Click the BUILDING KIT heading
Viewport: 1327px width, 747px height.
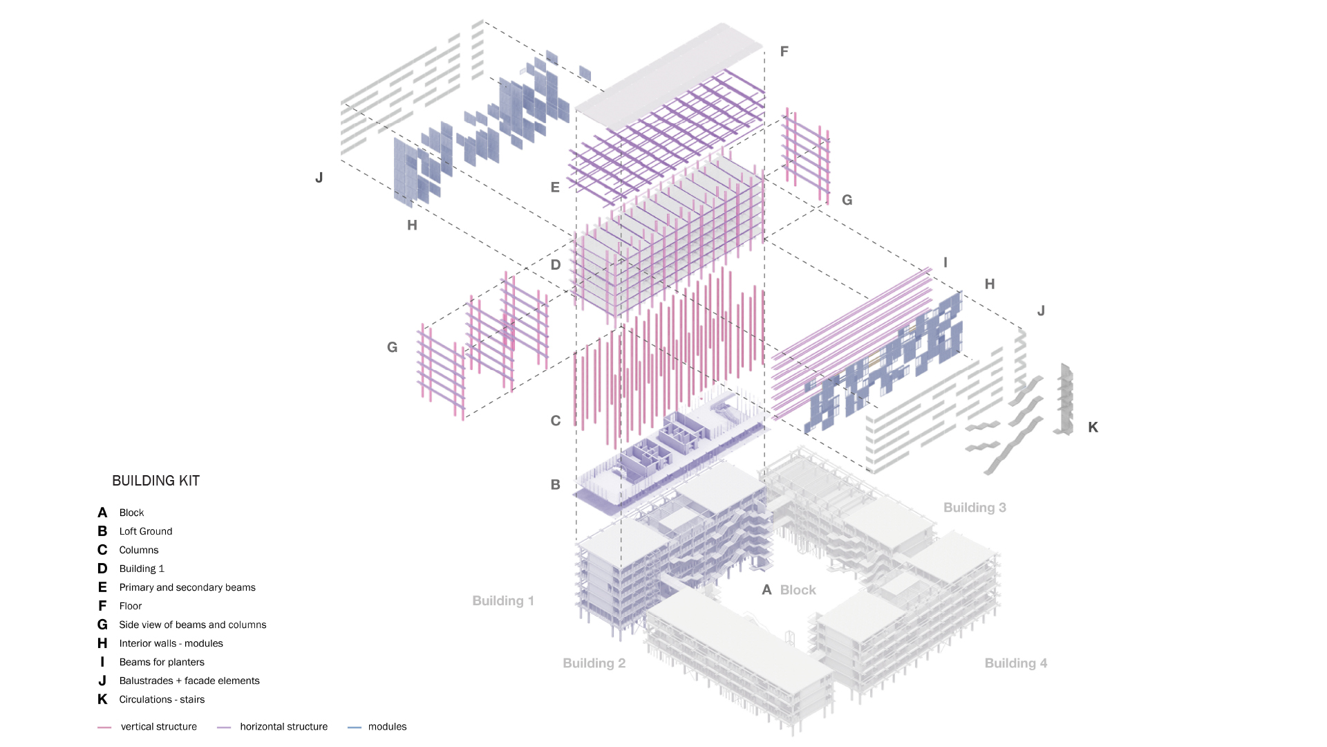[x=156, y=481]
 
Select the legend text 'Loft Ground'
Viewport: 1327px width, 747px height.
[x=146, y=531]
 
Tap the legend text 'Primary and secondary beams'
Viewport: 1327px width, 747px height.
[x=187, y=587]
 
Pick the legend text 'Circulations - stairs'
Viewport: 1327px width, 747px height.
[x=162, y=699]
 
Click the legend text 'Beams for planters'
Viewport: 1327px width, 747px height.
[x=162, y=662]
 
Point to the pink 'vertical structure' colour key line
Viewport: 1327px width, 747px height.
[x=104, y=727]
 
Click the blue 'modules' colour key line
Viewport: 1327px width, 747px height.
[x=355, y=727]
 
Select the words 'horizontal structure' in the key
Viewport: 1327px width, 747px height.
[x=283, y=726]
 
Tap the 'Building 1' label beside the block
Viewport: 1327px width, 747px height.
[x=503, y=600]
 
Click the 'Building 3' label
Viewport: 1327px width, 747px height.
[x=975, y=508]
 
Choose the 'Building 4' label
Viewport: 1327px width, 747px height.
[x=1015, y=663]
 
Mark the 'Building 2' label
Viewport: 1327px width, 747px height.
[x=594, y=663]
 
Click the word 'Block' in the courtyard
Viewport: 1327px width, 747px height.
[x=798, y=590]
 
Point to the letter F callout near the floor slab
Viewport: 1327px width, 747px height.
[x=784, y=51]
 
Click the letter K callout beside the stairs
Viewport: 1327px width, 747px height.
[x=1093, y=427]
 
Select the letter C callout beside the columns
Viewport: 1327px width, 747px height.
[x=556, y=421]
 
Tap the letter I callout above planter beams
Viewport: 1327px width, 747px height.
[x=945, y=263]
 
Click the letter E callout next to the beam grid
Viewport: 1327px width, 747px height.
[x=555, y=187]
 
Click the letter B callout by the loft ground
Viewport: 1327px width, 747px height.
[x=556, y=485]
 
